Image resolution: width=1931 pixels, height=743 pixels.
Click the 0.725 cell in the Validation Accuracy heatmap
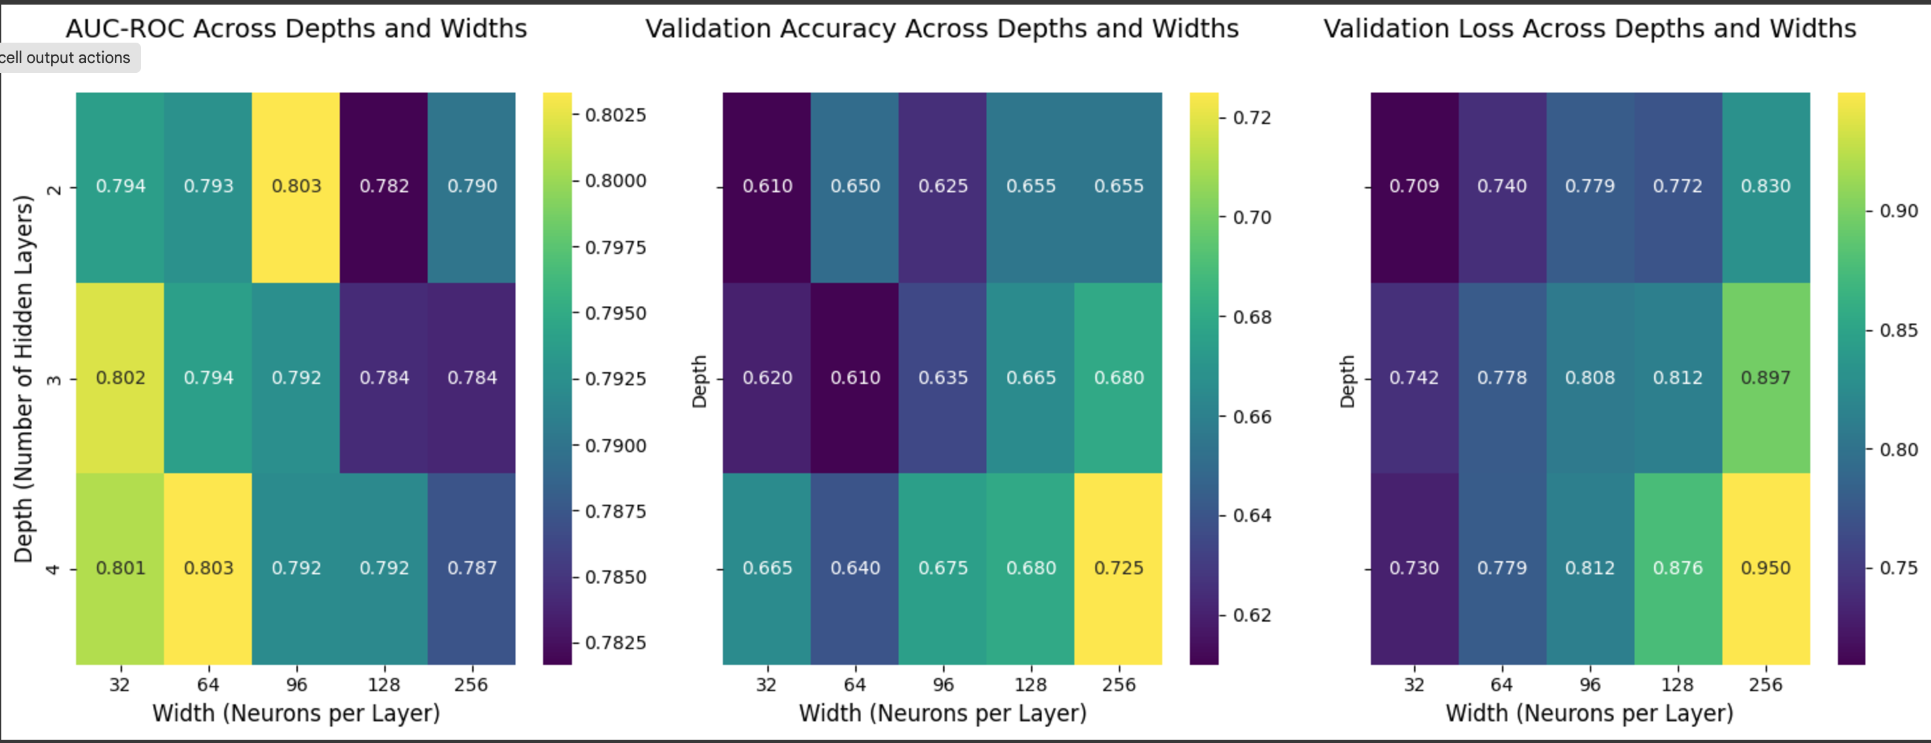pyautogui.click(x=1118, y=568)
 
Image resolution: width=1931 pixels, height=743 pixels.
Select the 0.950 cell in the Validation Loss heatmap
pyautogui.click(x=1765, y=568)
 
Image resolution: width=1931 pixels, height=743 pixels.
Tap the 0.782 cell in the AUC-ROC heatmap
pyautogui.click(x=384, y=186)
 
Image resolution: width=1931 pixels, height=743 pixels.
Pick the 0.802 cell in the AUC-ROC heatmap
pyautogui.click(x=120, y=377)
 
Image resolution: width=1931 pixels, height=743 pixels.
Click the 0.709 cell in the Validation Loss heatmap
pyautogui.click(x=1413, y=186)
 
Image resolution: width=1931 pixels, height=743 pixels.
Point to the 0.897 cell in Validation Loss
pyautogui.click(x=1765, y=377)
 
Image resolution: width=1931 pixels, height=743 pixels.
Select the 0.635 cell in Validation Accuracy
pyautogui.click(x=943, y=377)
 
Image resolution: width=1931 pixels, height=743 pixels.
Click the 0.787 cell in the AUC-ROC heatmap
pyautogui.click(x=472, y=568)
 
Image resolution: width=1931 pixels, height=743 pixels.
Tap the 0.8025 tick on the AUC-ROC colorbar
pyautogui.click(x=615, y=115)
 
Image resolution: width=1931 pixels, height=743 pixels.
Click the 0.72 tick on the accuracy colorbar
pyautogui.click(x=1252, y=117)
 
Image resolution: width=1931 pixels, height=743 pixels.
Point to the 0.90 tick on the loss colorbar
pyautogui.click(x=1898, y=211)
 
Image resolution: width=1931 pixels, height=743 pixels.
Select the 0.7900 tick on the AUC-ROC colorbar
pyautogui.click(x=615, y=446)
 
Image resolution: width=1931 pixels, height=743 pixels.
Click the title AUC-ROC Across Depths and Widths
pyautogui.click(x=296, y=28)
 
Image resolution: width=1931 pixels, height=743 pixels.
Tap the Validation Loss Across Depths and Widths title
pyautogui.click(x=1589, y=28)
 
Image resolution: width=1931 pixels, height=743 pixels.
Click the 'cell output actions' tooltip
pyautogui.click(x=66, y=58)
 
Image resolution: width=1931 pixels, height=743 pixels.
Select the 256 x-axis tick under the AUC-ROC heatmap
pyautogui.click(x=471, y=684)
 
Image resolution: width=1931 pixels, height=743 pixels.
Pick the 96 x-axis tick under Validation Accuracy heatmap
pyautogui.click(x=943, y=684)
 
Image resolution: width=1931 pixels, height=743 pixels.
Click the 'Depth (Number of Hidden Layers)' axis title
pyautogui.click(x=24, y=379)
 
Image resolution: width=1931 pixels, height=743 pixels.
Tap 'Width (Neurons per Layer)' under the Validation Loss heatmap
pyautogui.click(x=1589, y=712)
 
